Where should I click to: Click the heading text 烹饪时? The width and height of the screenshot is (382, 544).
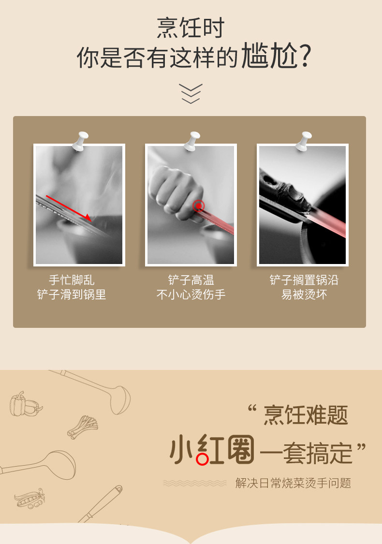pyautogui.click(x=191, y=28)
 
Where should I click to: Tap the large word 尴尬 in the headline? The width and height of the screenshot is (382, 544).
pyautogui.click(x=269, y=56)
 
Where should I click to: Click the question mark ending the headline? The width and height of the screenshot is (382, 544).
pyautogui.click(x=305, y=56)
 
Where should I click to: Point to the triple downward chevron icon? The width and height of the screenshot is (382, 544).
pyautogui.click(x=191, y=93)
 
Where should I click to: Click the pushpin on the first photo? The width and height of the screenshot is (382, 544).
pyautogui.click(x=80, y=141)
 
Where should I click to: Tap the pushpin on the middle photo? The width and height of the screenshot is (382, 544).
pyautogui.click(x=192, y=141)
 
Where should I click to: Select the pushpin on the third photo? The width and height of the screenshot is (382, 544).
pyautogui.click(x=304, y=141)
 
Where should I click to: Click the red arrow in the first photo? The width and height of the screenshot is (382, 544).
pyautogui.click(x=69, y=208)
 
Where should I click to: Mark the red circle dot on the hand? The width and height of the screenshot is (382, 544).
pyautogui.click(x=198, y=206)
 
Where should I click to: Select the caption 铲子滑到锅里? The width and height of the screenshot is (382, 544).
pyautogui.click(x=72, y=294)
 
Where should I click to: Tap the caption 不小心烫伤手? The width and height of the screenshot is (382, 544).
pyautogui.click(x=191, y=294)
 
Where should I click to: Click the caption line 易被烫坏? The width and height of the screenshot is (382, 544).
pyautogui.click(x=304, y=294)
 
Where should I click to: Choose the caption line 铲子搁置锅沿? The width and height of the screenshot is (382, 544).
pyautogui.click(x=304, y=280)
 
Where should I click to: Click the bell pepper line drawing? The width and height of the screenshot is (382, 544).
pyautogui.click(x=25, y=404)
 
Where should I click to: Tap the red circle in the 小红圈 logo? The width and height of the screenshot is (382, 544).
pyautogui.click(x=202, y=459)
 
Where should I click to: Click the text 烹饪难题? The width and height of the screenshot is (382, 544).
pyautogui.click(x=306, y=415)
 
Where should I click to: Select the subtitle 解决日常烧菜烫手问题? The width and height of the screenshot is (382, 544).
pyautogui.click(x=293, y=483)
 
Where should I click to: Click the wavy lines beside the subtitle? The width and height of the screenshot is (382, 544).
pyautogui.click(x=195, y=483)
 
